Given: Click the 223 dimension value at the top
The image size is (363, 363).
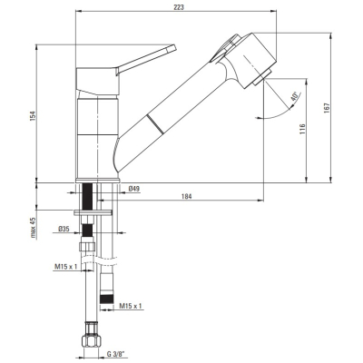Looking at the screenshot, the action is tap(179, 7).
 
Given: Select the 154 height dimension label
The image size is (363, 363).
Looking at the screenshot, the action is tap(33, 116).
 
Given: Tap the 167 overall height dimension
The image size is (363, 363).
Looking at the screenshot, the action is tap(327, 108).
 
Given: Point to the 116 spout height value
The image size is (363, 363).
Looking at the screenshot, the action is tap(302, 129).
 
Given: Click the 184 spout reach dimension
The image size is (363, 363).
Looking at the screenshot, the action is tap(187, 196).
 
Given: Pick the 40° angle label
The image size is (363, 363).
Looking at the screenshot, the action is tap(294, 97).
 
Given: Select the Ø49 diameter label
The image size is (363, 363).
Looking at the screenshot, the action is tap(134, 189).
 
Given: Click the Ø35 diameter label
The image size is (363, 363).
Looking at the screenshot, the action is tap(64, 229).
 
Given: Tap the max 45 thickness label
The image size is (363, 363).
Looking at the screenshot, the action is tap(33, 228).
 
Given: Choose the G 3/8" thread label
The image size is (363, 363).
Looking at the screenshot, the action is tap(116, 353).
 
